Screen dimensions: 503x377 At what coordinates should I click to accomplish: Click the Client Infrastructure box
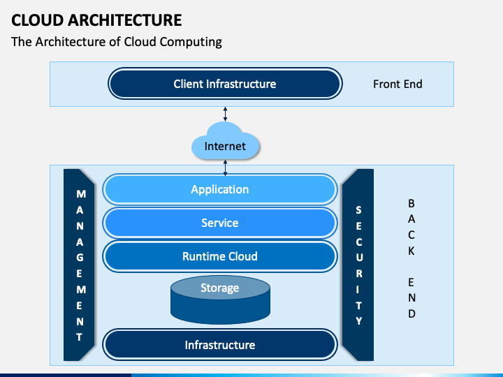[225, 84]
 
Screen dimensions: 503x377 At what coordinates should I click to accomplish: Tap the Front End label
[398, 84]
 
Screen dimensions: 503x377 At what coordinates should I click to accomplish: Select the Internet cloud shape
[225, 141]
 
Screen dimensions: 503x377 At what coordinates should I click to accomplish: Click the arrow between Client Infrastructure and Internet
[225, 114]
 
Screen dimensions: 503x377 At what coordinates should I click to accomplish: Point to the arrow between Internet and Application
[225, 168]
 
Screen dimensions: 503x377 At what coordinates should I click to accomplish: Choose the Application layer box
[220, 189]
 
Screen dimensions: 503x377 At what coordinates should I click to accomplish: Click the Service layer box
[220, 223]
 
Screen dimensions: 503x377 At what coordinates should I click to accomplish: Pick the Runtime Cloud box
[220, 256]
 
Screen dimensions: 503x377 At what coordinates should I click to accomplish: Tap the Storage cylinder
[220, 300]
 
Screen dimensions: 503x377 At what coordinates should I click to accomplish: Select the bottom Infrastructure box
[220, 345]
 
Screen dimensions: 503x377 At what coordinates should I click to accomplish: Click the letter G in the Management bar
[80, 258]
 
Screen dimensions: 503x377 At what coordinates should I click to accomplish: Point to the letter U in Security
[359, 258]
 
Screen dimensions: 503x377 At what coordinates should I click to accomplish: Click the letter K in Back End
[411, 251]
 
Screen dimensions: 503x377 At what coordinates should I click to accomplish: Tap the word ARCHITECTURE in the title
[125, 20]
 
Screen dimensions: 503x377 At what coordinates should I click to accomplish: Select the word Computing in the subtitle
[191, 42]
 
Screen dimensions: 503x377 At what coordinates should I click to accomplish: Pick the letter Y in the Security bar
[359, 321]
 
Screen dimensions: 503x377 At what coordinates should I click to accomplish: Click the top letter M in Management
[81, 194]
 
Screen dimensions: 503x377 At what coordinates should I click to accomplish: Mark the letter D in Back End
[411, 313]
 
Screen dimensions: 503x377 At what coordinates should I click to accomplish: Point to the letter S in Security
[358, 210]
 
